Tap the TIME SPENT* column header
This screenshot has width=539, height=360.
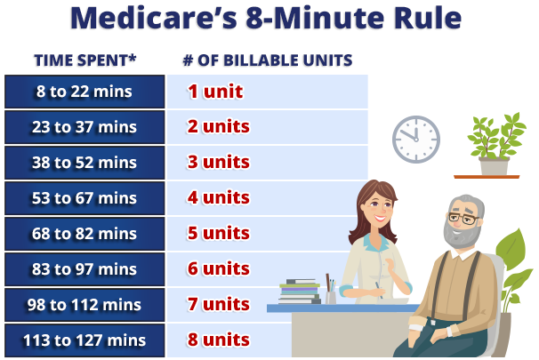84,60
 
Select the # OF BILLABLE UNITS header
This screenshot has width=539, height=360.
268,60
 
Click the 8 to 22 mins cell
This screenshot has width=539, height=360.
84,92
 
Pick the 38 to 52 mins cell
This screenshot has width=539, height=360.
84,163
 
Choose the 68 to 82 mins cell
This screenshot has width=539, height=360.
84,234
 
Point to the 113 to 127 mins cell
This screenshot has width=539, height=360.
84,340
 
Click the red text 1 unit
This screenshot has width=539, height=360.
215,92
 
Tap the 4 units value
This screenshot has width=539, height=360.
218,197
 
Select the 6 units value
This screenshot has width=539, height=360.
218,268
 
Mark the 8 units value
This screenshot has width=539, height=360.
218,340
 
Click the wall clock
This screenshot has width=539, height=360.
416,140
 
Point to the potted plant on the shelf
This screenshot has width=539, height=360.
495,144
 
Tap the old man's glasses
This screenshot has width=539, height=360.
464,218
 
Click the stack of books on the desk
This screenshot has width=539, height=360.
300,292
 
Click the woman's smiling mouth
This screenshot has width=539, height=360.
381,218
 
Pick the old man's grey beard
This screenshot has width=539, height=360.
461,234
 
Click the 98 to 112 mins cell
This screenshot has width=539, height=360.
84,305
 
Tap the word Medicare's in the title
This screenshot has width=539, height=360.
154,18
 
